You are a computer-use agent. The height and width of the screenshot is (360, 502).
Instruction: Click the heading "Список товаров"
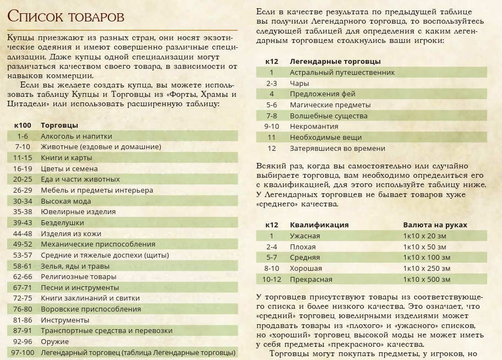66,17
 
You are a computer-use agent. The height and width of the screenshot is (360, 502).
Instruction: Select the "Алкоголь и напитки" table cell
76,136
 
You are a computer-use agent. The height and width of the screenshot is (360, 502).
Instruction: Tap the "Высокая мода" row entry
67,201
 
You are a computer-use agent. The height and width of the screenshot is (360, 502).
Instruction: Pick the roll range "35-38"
23,212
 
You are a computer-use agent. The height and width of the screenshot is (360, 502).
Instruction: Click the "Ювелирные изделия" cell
78,212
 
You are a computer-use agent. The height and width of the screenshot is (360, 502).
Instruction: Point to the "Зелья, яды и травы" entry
75,266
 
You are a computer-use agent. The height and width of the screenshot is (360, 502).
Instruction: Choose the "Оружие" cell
54,341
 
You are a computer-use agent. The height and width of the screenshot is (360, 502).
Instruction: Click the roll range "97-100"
23,352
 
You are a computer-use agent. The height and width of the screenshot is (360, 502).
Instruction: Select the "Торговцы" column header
59,125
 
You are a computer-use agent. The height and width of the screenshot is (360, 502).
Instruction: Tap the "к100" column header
23,125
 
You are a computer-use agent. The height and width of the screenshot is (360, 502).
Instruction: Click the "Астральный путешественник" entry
342,72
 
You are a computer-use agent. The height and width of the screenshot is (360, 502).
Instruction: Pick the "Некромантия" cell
314,126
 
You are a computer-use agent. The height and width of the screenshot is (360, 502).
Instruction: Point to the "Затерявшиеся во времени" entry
337,148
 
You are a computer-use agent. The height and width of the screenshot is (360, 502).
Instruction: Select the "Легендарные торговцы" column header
335,61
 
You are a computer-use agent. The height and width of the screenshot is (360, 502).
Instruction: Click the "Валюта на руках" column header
435,225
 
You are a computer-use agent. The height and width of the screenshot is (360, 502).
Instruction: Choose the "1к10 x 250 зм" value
427,268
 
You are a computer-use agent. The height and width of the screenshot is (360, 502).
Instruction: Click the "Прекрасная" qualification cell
311,279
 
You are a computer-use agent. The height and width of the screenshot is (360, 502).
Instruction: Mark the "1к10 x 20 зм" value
424,236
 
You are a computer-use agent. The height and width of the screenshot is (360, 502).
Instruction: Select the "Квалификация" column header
319,225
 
